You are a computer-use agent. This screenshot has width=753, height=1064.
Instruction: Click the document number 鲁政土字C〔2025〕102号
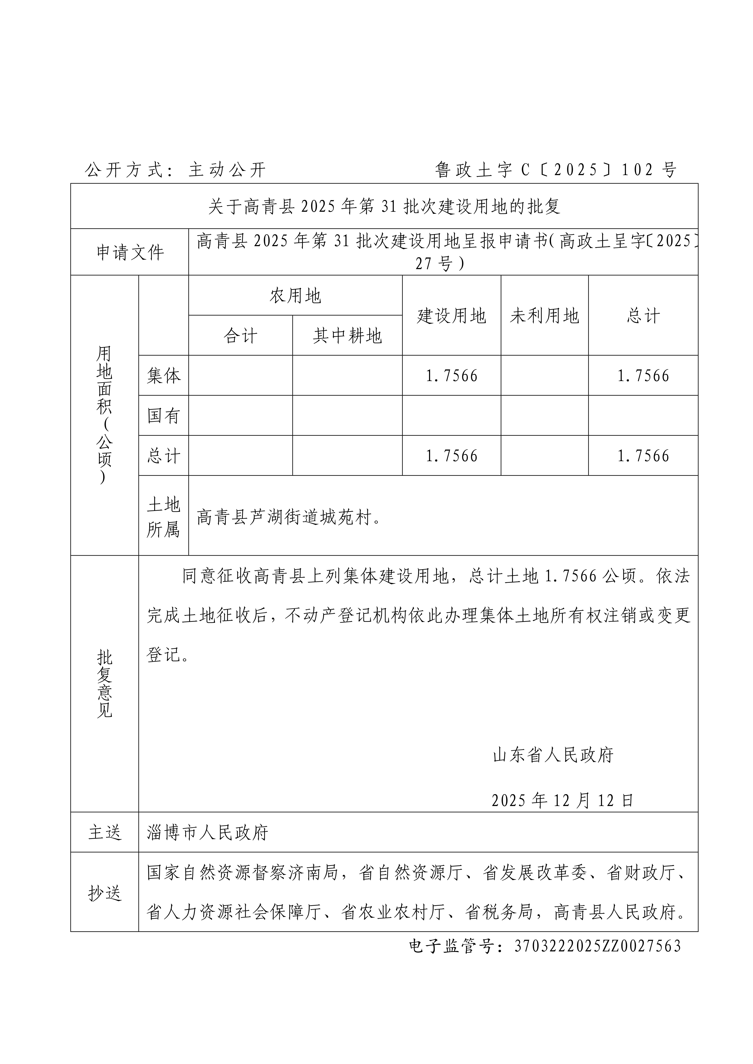point(555,170)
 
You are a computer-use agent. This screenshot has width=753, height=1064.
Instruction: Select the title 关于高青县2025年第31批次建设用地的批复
point(384,206)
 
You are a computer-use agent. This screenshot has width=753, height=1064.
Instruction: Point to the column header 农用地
point(295,296)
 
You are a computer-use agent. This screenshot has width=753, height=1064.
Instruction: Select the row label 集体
point(163,375)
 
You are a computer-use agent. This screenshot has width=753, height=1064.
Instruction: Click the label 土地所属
point(163,516)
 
